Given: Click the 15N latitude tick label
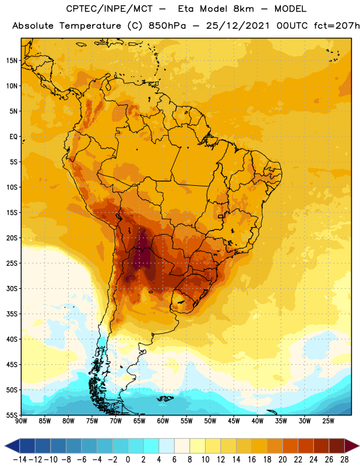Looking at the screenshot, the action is tap(12, 61).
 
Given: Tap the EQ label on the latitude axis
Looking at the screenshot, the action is tap(13, 137).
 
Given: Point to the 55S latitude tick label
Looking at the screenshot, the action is tap(12, 415).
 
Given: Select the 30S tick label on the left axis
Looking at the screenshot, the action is tap(12, 288).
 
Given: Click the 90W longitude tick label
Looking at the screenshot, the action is tap(21, 421).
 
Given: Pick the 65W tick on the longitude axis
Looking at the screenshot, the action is tap(139, 421).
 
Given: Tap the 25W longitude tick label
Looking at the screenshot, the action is tap(328, 421).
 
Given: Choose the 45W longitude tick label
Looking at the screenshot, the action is tap(234, 421).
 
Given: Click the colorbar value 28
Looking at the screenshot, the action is tap(344, 460).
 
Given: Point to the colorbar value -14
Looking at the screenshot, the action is tap(20, 460).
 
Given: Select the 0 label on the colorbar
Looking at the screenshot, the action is tap(128, 460).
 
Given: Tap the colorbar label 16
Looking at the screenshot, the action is tap(252, 460).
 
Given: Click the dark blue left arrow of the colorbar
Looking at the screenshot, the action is tap(12, 446).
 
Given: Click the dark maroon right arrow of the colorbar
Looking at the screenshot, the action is tap(352, 446).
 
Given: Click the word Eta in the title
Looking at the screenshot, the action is tap(186, 9).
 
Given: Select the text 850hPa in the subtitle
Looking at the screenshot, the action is tap(167, 26).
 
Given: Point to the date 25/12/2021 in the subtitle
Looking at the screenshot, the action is tap(238, 26).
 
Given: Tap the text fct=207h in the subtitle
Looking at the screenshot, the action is tap(337, 26).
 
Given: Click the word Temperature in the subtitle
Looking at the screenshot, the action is tap(90, 26).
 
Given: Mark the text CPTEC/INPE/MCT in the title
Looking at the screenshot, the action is tap(110, 9).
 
